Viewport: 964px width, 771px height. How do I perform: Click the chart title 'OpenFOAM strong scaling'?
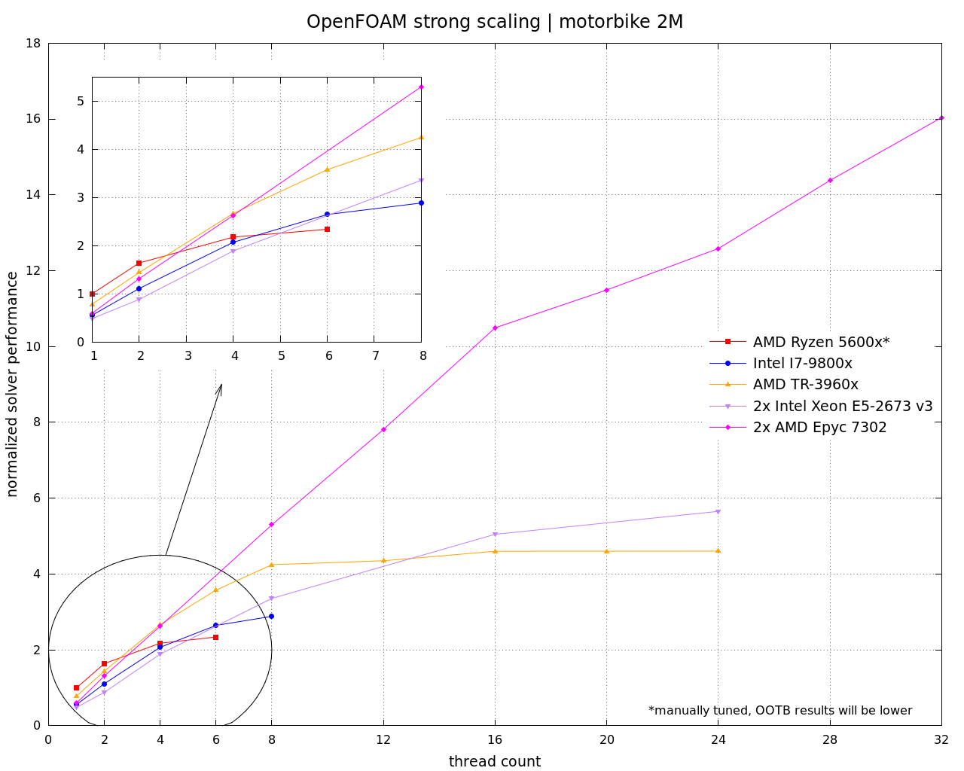[x=423, y=22]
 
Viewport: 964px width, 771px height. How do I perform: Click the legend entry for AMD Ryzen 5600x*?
[x=821, y=342]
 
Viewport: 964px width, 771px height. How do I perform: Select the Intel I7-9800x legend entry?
[x=802, y=363]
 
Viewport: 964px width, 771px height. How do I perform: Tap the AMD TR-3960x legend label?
[x=805, y=384]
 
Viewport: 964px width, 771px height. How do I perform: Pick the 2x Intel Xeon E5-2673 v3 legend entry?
[x=842, y=406]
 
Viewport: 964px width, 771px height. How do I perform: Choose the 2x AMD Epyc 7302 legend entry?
[x=819, y=428]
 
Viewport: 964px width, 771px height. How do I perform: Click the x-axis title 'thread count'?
[x=495, y=761]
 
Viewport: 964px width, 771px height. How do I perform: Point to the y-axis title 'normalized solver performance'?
[x=12, y=384]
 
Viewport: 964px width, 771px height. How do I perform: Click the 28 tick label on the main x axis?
[x=830, y=740]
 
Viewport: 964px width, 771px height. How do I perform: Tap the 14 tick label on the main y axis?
[x=34, y=195]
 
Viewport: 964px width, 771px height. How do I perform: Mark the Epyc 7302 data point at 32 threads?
[x=941, y=118]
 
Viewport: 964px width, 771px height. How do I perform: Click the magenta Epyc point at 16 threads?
[x=495, y=328]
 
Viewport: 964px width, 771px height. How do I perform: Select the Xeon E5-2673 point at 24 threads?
[x=718, y=511]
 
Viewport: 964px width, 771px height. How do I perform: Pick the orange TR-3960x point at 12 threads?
[x=383, y=560]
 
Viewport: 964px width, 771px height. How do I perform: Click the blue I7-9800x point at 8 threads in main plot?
[x=271, y=616]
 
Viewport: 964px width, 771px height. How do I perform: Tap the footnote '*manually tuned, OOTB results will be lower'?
[x=780, y=710]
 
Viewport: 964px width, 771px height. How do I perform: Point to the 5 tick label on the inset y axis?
[x=81, y=101]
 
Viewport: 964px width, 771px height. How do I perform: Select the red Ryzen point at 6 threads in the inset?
[x=327, y=229]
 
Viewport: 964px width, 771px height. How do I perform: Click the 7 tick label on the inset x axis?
[x=376, y=355]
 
